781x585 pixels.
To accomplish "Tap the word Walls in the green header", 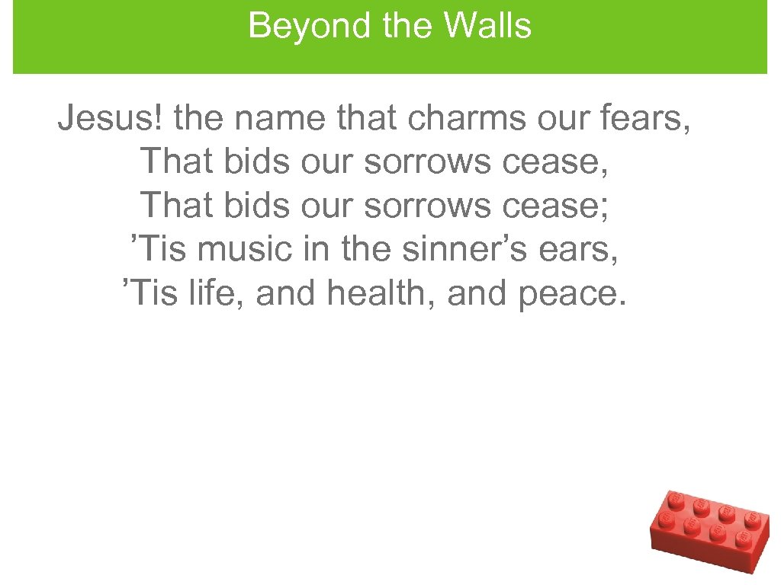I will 487,26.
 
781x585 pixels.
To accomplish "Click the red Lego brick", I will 710,530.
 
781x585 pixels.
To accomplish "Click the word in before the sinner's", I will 317,249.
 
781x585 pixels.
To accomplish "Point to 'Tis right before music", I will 159,249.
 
